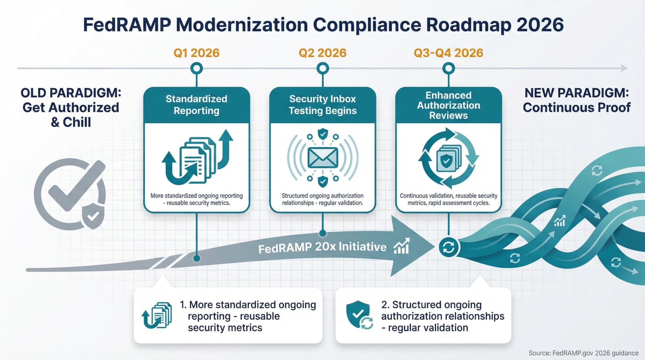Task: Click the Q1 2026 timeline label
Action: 197,53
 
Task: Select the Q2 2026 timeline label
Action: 322,53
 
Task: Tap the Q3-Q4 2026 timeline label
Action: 448,53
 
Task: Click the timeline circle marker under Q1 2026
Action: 197,69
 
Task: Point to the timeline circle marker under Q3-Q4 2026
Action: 448,69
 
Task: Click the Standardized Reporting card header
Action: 197,105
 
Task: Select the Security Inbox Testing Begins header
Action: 322,105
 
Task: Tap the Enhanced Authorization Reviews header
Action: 448,105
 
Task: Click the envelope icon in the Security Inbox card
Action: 323,157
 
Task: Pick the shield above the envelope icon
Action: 323,134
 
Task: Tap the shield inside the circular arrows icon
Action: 446,161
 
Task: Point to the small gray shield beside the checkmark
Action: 93,216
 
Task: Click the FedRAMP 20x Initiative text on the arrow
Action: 322,247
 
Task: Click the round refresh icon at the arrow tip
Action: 448,247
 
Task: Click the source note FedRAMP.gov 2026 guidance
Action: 583,353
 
